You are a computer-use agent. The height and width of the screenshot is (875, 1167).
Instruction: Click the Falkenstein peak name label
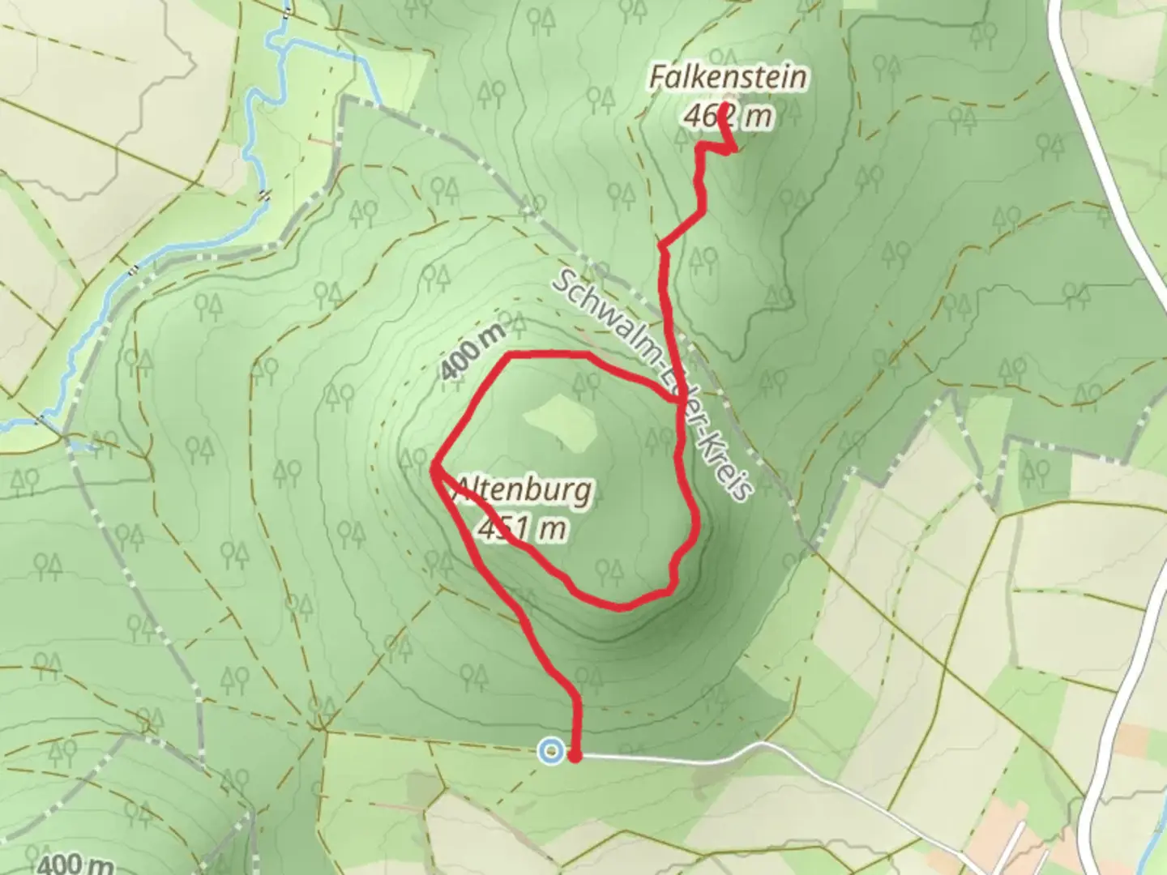tap(728, 79)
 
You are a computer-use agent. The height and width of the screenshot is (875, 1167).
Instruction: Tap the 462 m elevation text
tap(728, 117)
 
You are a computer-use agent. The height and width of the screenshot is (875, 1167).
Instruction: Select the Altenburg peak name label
tap(525, 491)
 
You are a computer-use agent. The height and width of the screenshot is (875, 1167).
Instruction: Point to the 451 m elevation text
tap(522, 528)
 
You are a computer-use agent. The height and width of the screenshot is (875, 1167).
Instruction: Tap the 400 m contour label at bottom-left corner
tap(75, 864)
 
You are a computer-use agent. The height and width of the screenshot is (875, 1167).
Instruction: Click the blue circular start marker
tap(551, 751)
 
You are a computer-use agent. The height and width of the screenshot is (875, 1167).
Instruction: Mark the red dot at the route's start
tap(575, 757)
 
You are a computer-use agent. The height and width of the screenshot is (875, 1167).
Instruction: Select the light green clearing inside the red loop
tap(559, 421)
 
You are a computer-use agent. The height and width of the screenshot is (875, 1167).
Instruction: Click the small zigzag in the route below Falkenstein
tap(717, 147)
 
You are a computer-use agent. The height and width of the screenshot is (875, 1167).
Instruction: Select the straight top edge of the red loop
tap(547, 355)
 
